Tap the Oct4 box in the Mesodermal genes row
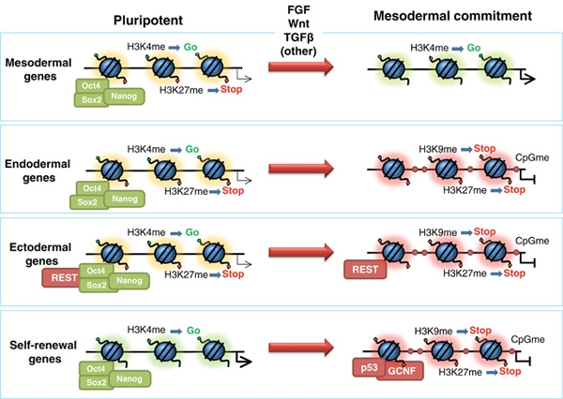(x=90, y=87)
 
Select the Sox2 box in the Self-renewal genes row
(x=93, y=380)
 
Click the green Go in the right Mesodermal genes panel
(x=474, y=47)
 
